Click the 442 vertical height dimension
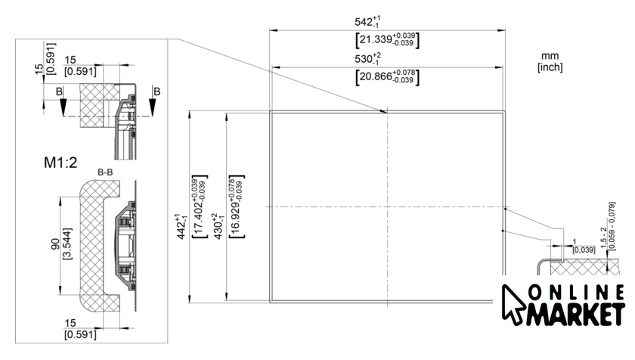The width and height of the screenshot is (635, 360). pos(180,225)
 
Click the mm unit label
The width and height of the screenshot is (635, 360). pos(550,56)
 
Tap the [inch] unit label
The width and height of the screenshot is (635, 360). pos(550,67)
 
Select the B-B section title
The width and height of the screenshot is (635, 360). pos(105,173)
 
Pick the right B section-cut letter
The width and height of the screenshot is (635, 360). pos(156,92)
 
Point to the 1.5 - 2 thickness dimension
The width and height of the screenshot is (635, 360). pos(614,221)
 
